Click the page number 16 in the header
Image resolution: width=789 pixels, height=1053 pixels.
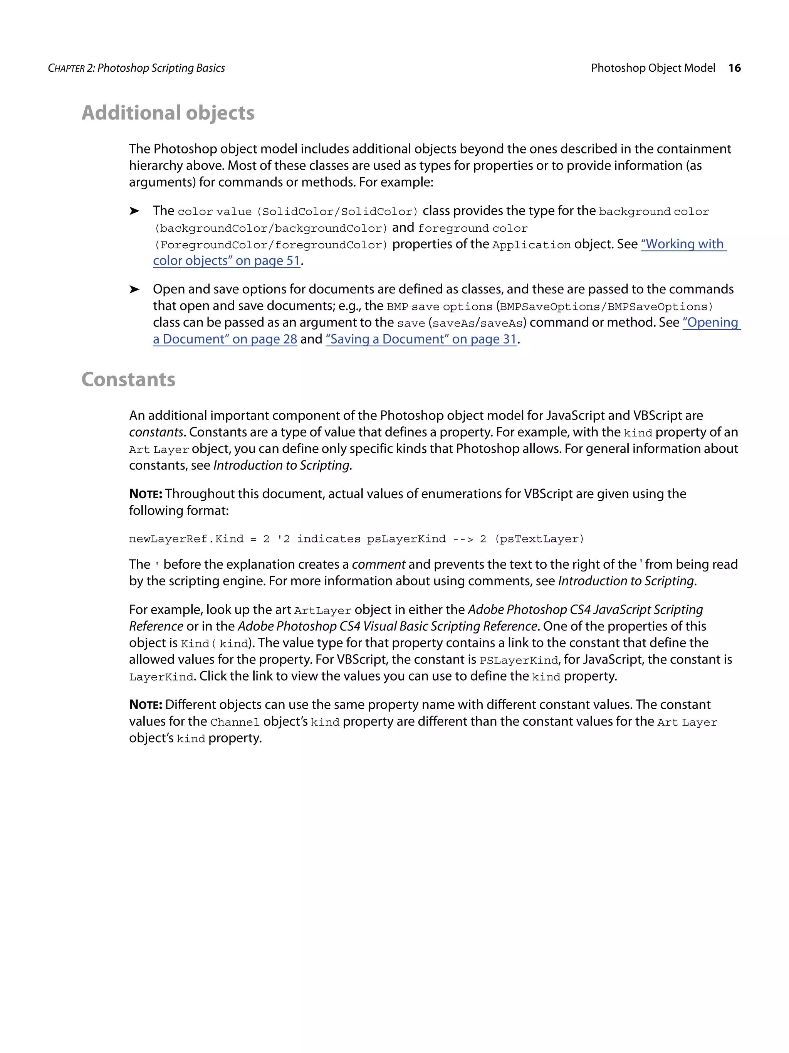coord(734,68)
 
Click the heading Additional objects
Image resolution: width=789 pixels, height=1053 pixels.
coord(168,113)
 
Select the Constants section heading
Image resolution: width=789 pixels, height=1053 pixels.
coord(128,379)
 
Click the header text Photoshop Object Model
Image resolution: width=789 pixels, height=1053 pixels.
coord(653,68)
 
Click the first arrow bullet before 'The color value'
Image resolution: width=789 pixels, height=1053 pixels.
coord(134,211)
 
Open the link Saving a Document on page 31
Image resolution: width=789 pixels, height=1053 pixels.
coord(421,339)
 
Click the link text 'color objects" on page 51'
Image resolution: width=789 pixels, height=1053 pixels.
coord(227,261)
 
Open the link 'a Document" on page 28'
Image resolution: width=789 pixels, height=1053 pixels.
coord(225,339)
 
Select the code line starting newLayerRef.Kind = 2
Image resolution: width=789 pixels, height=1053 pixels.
coord(356,539)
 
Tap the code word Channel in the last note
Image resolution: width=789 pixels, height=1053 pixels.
coord(235,723)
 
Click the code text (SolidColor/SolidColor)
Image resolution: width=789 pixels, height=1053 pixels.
coord(337,212)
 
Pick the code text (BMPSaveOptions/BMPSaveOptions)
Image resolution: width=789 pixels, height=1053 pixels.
coord(606,307)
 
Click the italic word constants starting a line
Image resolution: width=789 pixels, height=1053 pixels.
coord(156,432)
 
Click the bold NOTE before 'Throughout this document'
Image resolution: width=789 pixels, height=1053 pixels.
coord(146,494)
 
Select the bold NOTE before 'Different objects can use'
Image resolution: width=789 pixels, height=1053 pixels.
coord(146,705)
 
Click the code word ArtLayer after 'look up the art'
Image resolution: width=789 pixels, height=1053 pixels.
coord(322,611)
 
